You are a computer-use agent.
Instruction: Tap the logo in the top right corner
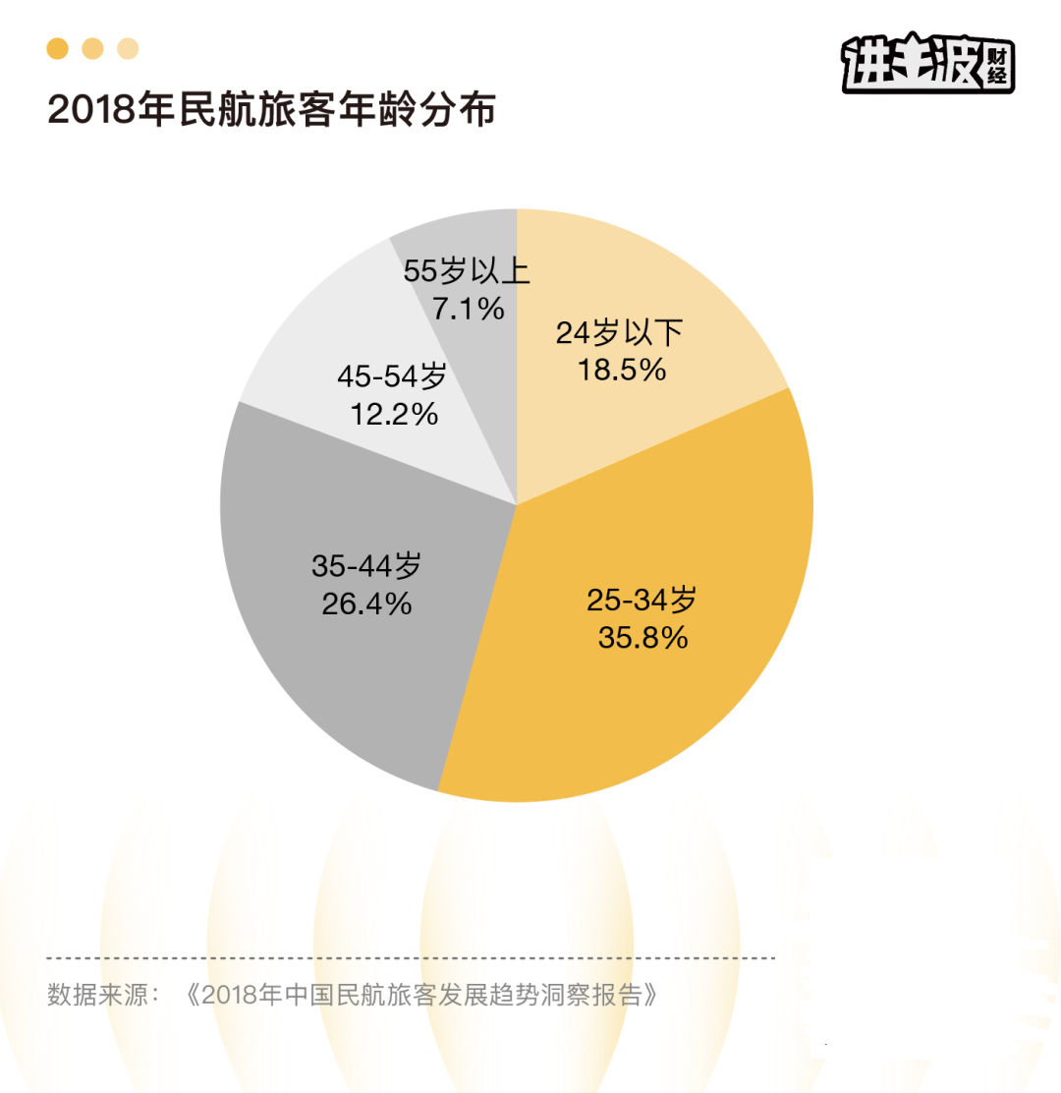coord(927,64)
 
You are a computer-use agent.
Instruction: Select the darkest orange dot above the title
coord(58,48)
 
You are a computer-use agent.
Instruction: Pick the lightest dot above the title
coord(128,48)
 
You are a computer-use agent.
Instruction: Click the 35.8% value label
coord(642,637)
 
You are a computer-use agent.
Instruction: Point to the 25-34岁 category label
coord(642,599)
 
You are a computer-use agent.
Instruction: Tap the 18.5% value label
coord(620,370)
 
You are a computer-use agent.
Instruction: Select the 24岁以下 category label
coord(620,333)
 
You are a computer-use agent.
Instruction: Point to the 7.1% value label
coord(468,310)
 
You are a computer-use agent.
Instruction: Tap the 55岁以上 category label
coord(468,271)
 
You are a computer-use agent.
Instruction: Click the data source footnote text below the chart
coord(351,994)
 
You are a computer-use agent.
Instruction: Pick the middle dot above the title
coord(92,48)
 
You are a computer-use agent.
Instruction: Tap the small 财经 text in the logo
coord(996,68)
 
